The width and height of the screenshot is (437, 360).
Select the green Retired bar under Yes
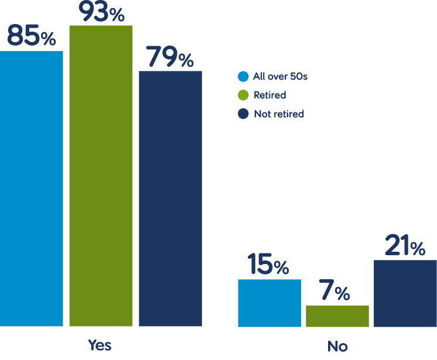click(101, 176)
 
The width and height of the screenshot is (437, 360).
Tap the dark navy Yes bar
click(170, 198)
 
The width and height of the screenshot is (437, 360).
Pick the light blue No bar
click(269, 303)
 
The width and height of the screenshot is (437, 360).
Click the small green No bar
click(337, 316)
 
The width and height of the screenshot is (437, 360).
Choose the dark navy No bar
click(405, 293)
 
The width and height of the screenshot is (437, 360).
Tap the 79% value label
click(170, 57)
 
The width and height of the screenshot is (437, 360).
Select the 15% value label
click(268, 265)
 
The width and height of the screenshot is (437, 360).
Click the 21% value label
click(405, 246)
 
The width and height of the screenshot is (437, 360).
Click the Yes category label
click(100, 345)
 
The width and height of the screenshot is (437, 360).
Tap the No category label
click(337, 346)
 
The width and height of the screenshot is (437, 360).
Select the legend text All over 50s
click(280, 76)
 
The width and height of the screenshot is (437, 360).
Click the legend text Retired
click(269, 95)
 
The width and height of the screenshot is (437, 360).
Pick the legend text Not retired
click(279, 114)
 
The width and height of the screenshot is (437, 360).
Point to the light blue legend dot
click(243, 76)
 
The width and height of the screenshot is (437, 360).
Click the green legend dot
click(243, 95)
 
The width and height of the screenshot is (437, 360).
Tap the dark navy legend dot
click(243, 114)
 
